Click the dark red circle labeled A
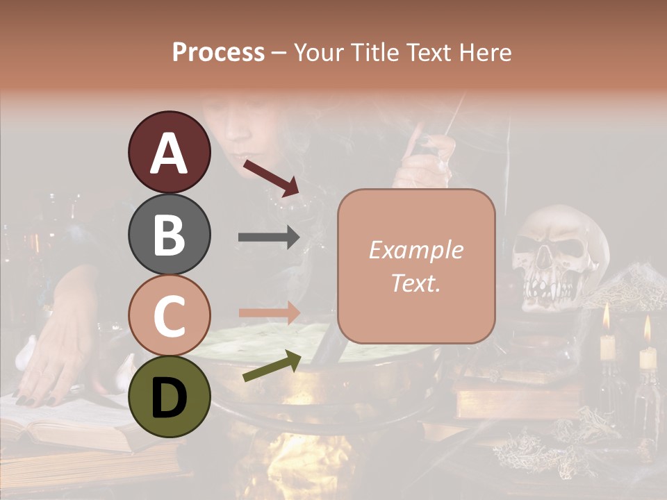coord(169,152)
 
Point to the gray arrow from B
coord(269,237)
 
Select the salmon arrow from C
coord(269,313)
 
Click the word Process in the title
coord(218,52)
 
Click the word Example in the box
coord(415,251)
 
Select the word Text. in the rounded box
coord(415,283)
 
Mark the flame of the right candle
coord(648,328)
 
